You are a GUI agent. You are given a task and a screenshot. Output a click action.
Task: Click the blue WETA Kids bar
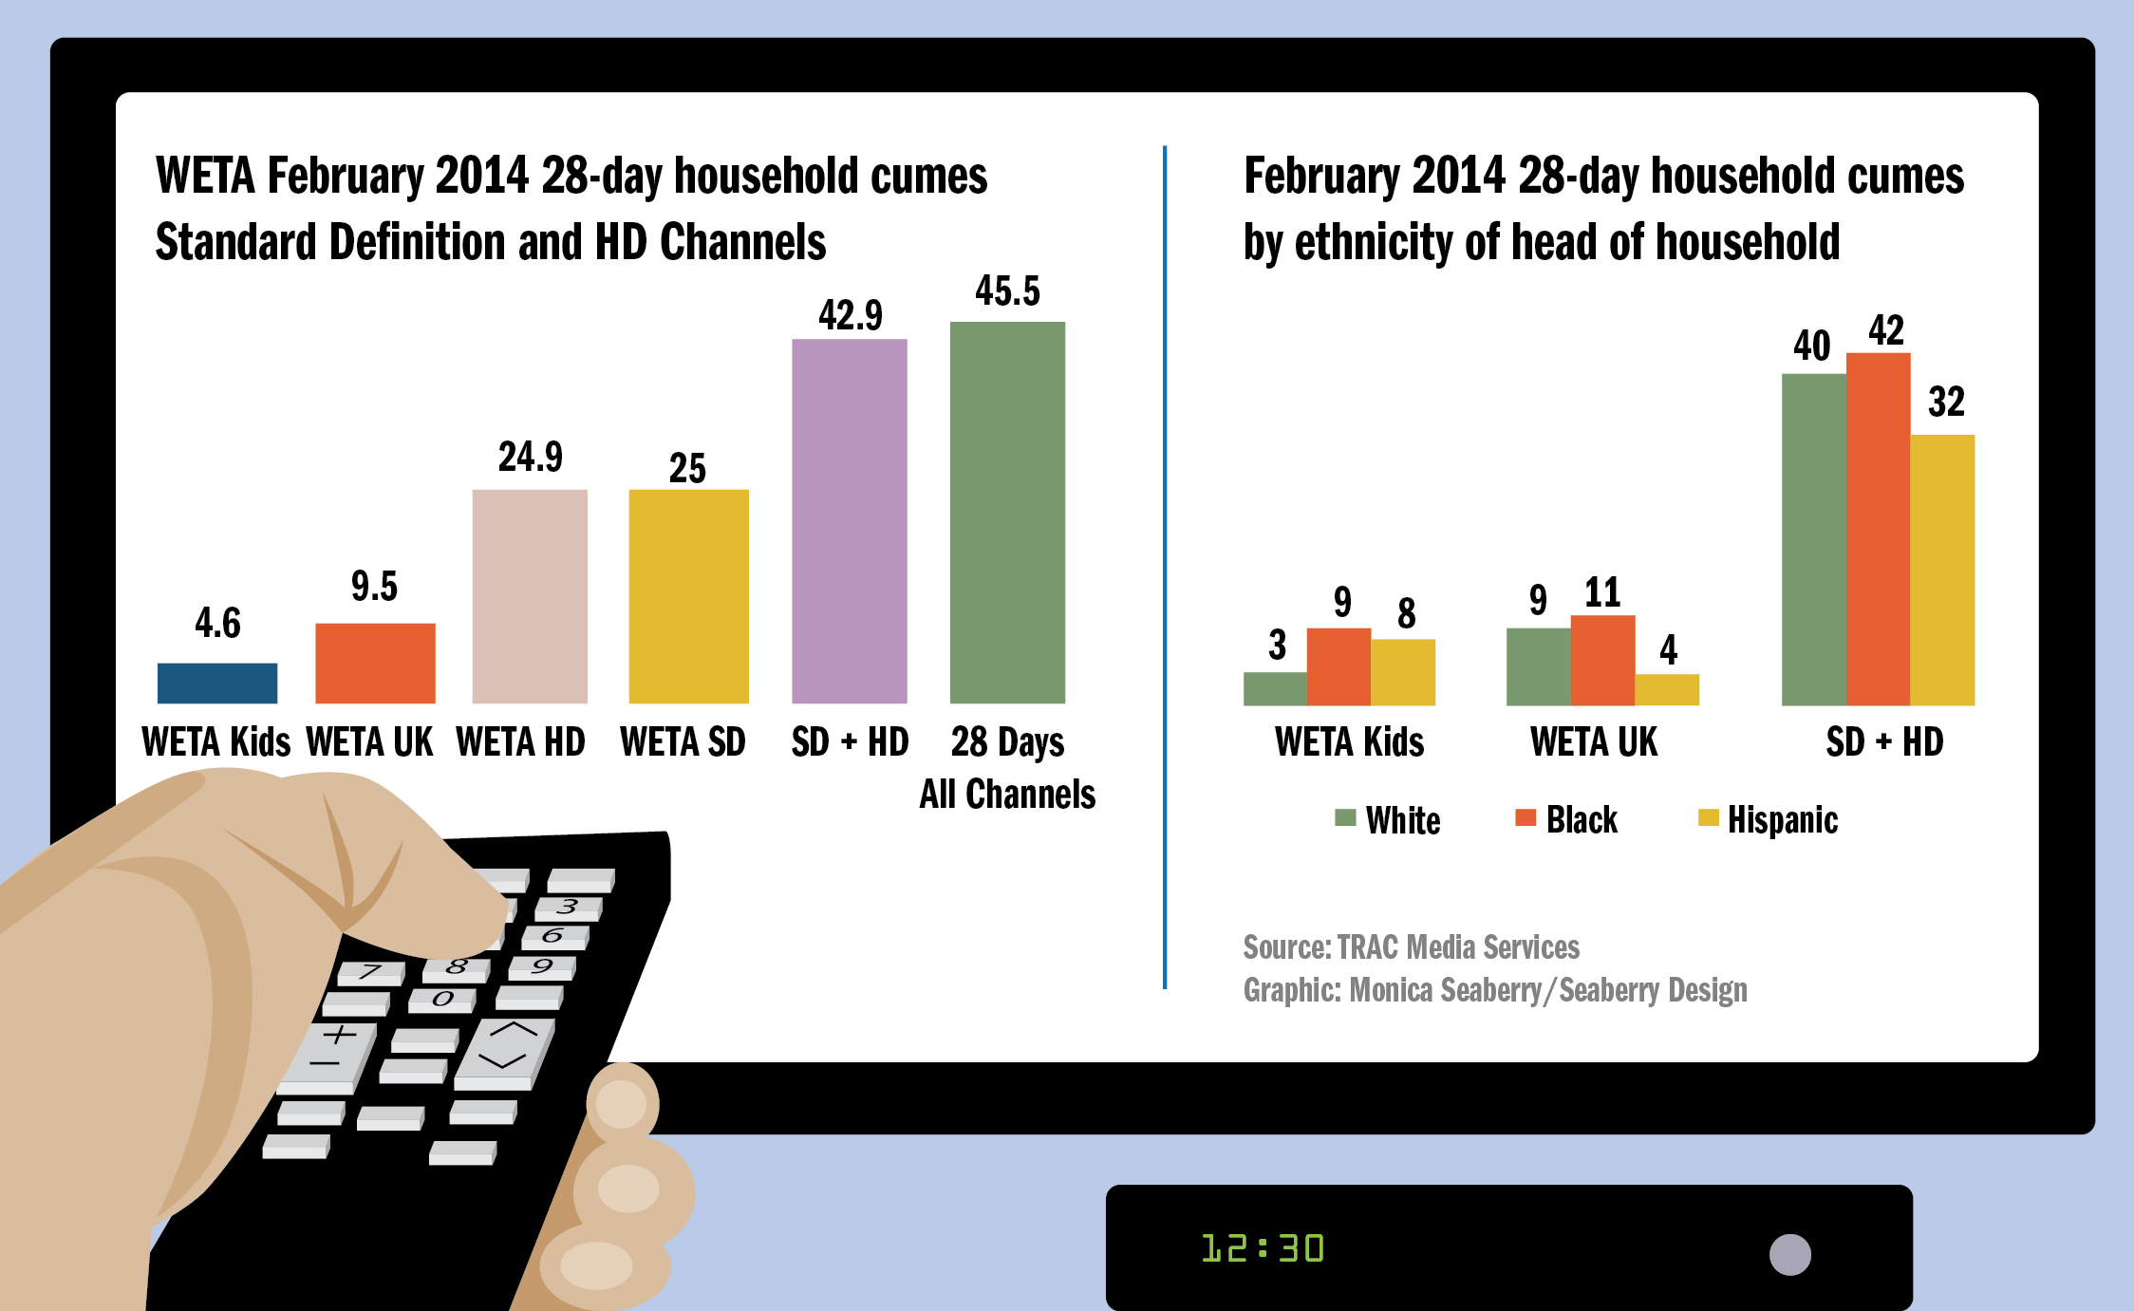coord(216,683)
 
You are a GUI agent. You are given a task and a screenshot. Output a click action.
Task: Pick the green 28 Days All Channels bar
coord(1007,513)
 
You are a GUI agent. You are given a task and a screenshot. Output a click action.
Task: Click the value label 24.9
coord(530,458)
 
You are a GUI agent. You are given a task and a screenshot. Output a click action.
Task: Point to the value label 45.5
coord(1007,291)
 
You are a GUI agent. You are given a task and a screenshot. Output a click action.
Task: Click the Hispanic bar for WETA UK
coord(1667,689)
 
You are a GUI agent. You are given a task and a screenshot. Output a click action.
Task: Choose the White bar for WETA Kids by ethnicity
coord(1275,688)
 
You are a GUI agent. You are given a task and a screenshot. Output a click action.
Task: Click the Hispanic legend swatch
coord(1708,818)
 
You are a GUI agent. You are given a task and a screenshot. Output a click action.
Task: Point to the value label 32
coord(1946,403)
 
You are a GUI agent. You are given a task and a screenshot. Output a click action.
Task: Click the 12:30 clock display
coord(1263,1248)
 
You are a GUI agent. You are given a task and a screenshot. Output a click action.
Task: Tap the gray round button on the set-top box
coord(1789,1254)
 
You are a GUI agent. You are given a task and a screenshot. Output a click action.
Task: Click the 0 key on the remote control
coord(442,1000)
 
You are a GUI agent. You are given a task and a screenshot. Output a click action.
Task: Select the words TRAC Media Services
coord(1458,947)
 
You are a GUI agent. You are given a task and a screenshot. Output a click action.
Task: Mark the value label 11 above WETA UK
coord(1602,593)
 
